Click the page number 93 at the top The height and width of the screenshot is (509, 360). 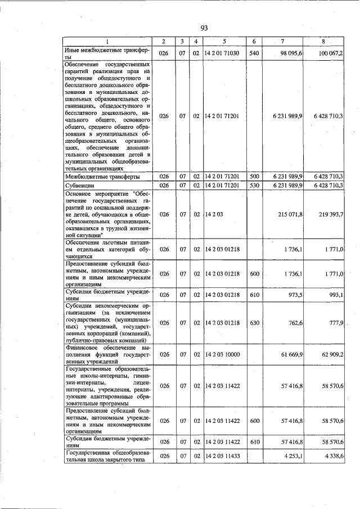point(204,29)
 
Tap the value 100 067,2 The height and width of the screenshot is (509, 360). point(330,53)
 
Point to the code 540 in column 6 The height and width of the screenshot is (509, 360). point(254,53)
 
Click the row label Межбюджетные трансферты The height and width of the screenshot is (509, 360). point(101,177)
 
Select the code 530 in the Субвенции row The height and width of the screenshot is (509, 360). point(254,185)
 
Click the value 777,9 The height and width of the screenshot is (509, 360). point(335,323)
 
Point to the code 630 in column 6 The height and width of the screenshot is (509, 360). point(254,323)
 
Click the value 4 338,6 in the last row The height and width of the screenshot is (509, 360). point(332,456)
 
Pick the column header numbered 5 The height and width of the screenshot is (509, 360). point(223,42)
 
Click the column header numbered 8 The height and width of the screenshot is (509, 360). point(323,42)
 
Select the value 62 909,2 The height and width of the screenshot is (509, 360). point(331,355)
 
